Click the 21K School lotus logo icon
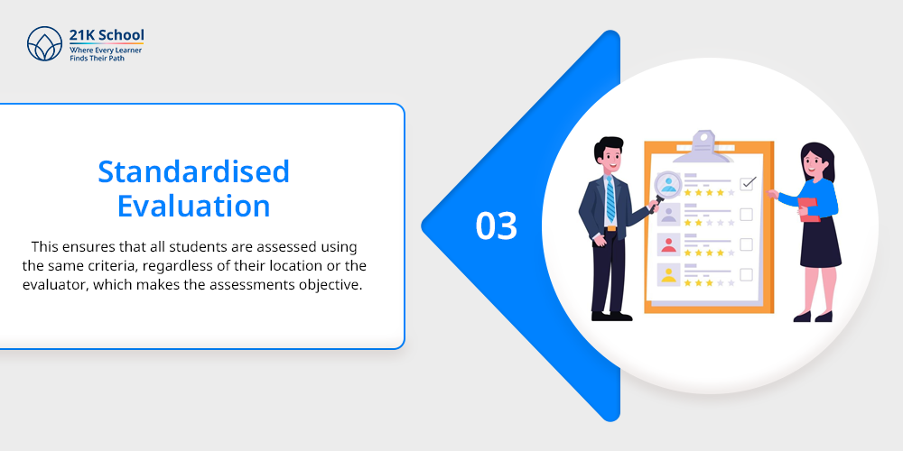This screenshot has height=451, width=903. point(44,43)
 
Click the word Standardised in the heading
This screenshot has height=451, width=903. point(193,171)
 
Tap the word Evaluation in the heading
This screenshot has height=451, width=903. point(193,206)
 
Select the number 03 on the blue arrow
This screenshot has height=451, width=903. point(497,226)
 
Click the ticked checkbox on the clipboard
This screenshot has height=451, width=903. point(748,183)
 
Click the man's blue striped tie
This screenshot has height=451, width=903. point(610,199)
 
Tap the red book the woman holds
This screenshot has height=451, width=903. point(808,209)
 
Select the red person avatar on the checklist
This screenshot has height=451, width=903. point(668,244)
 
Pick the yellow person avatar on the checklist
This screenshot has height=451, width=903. point(668,274)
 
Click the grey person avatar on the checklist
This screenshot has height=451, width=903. point(668,215)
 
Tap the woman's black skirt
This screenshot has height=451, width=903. point(820,242)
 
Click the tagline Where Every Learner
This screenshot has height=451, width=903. point(106,51)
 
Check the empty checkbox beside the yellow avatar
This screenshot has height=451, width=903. point(747,274)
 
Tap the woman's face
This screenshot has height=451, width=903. point(814,163)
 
